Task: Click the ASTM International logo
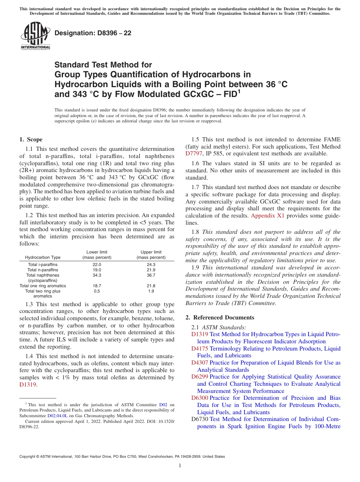(x=35, y=36)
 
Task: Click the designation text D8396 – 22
(x=93, y=33)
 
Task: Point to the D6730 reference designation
(x=200, y=419)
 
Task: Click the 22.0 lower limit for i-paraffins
(x=97, y=264)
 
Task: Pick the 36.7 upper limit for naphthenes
(x=151, y=275)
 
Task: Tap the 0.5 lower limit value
(x=97, y=291)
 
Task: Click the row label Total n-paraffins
(x=43, y=270)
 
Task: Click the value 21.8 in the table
(x=151, y=286)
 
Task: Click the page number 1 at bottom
(x=180, y=466)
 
